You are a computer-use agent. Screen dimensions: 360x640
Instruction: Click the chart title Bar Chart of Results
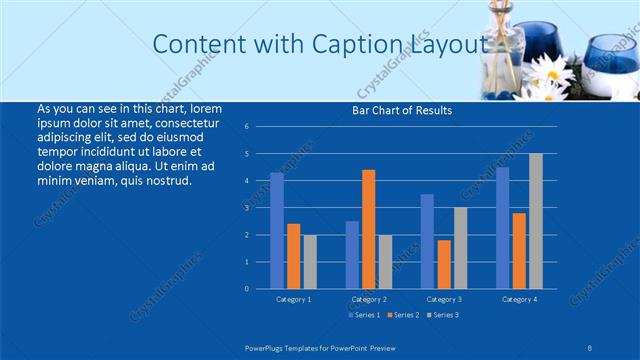pos(400,111)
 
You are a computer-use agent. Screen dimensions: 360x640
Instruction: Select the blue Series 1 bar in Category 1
pos(277,230)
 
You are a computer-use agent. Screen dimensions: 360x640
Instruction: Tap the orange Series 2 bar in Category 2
pos(368,229)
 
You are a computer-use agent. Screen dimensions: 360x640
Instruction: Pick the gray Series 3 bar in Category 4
pos(536,221)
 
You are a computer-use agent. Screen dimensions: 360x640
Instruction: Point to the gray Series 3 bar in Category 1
pos(310,261)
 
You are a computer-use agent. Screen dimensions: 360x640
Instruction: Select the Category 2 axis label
pos(369,299)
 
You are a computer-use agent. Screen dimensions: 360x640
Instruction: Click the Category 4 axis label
pos(519,299)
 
